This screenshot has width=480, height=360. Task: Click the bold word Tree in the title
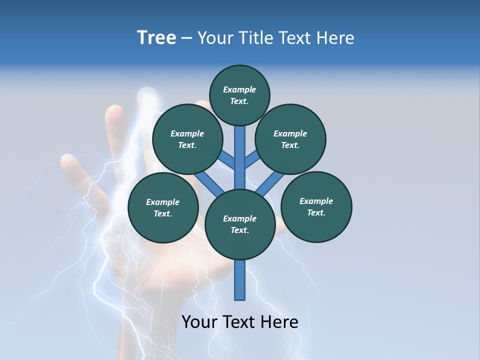(156, 37)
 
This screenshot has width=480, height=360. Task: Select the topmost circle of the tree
(239, 95)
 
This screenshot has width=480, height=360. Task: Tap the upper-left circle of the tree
(187, 139)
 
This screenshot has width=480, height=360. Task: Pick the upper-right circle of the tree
(290, 139)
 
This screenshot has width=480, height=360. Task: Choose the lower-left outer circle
(163, 207)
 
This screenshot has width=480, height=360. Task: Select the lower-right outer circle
(316, 206)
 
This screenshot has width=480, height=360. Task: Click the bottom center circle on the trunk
(240, 224)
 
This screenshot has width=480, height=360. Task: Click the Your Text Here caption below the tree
(240, 322)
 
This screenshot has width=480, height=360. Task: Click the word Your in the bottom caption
(199, 322)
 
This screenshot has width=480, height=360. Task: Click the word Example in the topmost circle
(239, 89)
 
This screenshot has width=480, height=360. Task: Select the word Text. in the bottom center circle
(239, 230)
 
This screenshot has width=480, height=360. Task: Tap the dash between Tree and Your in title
(186, 38)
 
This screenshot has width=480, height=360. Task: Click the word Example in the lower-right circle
(316, 201)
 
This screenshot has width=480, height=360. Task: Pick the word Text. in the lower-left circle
(162, 213)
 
